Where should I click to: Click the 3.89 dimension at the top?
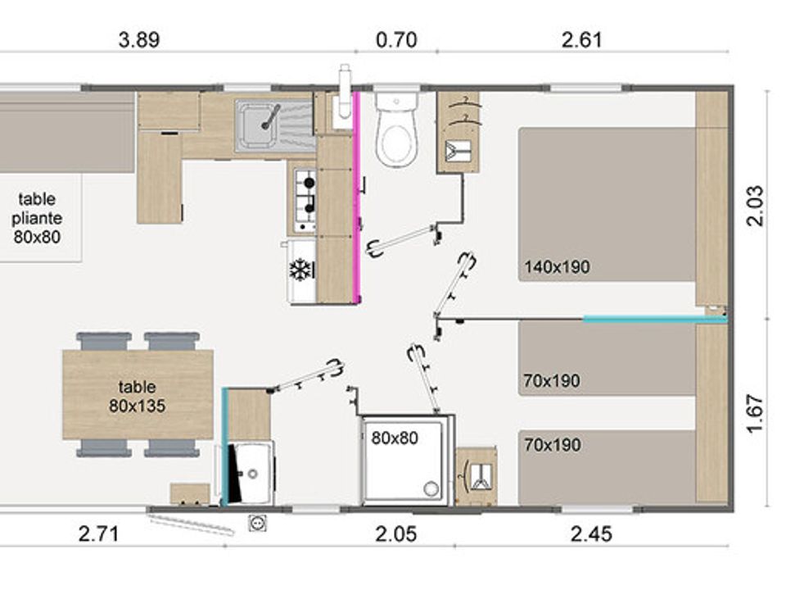139,39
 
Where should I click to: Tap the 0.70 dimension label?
396,39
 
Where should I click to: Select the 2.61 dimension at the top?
581,39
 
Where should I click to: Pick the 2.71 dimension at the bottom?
99,533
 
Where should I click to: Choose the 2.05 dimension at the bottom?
396,533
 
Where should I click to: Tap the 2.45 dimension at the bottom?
591,533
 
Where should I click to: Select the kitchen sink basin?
259,125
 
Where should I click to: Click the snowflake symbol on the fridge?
300,270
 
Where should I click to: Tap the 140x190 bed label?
557,267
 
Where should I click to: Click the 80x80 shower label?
395,438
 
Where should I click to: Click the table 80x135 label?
137,397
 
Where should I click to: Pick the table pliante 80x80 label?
37,218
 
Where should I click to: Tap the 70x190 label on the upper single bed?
552,381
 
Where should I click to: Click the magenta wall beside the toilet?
357,197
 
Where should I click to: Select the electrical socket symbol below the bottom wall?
257,524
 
